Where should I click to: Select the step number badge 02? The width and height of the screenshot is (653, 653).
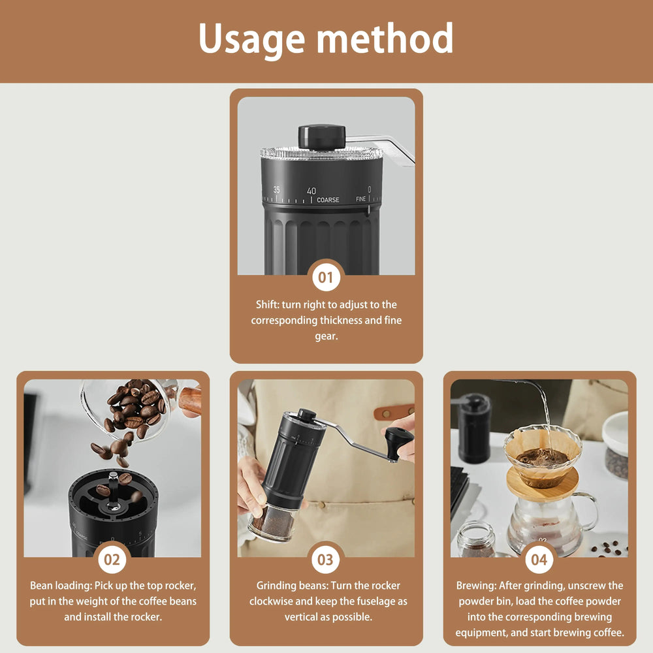(x=112, y=560)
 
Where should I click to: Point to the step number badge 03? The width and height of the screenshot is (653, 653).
(x=326, y=560)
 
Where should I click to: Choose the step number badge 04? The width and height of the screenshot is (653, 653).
(x=539, y=560)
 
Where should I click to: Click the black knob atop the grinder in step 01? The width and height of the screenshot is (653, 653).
(x=321, y=136)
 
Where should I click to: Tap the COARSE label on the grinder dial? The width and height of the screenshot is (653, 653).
(x=328, y=200)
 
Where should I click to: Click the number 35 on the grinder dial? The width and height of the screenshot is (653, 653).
(x=276, y=190)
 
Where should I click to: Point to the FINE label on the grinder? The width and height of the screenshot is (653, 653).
(x=361, y=199)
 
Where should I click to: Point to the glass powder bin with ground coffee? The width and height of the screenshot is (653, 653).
(x=273, y=524)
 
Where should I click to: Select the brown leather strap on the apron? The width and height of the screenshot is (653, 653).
(x=394, y=412)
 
